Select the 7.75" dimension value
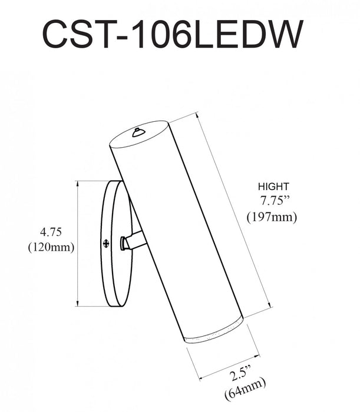[272, 200]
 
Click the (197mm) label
[272, 217]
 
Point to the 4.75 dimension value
[50, 231]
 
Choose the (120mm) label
[51, 247]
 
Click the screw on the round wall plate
[106, 242]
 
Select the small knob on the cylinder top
[138, 132]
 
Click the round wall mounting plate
[114, 244]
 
